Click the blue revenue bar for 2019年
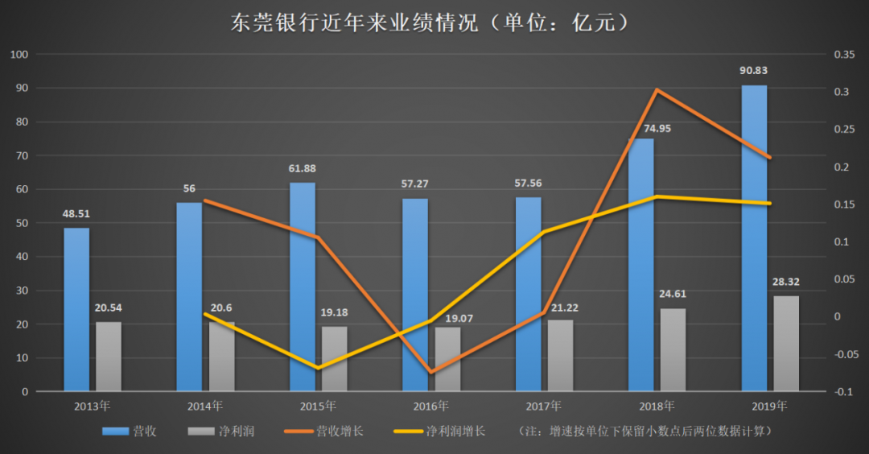[x=754, y=241]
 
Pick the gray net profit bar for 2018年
[x=673, y=350]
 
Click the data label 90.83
[x=754, y=71]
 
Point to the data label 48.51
[x=76, y=214]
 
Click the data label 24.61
[x=673, y=294]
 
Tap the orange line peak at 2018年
[x=657, y=89]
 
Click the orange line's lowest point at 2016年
[x=431, y=372]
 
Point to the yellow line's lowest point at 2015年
[x=319, y=368]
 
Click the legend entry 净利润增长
[x=439, y=431]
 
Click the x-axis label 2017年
[x=545, y=406]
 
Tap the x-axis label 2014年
[x=205, y=406]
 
